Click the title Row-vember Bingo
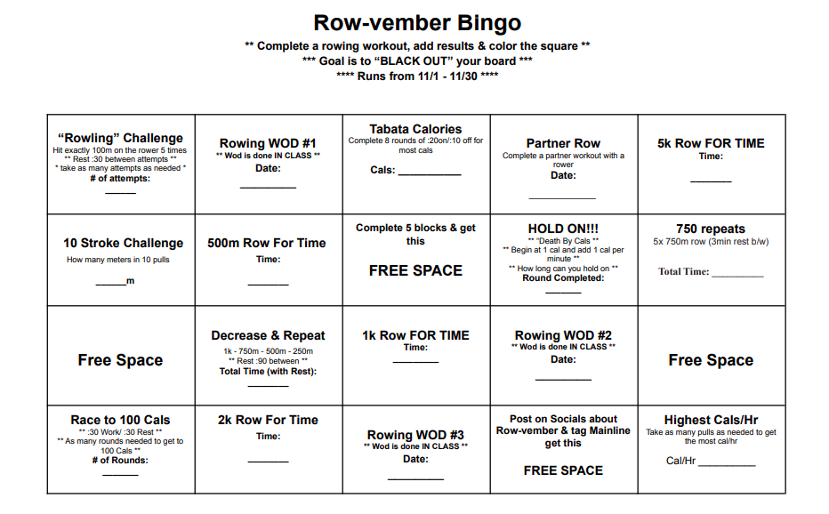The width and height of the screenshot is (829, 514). (x=417, y=23)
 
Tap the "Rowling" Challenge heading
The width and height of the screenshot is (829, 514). (x=120, y=138)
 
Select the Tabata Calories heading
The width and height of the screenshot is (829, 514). (x=415, y=129)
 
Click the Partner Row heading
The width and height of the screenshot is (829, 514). (x=563, y=143)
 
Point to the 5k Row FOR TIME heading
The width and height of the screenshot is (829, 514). (x=711, y=143)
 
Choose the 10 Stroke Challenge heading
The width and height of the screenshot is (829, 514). (x=123, y=243)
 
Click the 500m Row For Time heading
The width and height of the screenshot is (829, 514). (x=267, y=243)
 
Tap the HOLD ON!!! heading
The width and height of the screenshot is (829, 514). (x=563, y=229)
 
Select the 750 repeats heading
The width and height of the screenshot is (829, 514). (x=711, y=229)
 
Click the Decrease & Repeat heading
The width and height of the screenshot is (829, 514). (x=268, y=335)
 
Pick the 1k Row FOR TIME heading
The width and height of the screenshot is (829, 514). (x=415, y=335)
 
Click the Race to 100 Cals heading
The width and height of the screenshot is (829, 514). (x=120, y=420)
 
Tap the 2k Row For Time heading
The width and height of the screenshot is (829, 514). (x=268, y=420)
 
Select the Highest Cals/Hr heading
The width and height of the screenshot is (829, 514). (x=711, y=420)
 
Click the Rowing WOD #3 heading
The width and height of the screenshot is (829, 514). (x=415, y=435)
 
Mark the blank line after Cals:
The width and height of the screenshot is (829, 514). (x=429, y=173)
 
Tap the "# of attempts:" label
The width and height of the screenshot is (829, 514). (x=121, y=178)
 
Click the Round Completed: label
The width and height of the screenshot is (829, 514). (x=563, y=277)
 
